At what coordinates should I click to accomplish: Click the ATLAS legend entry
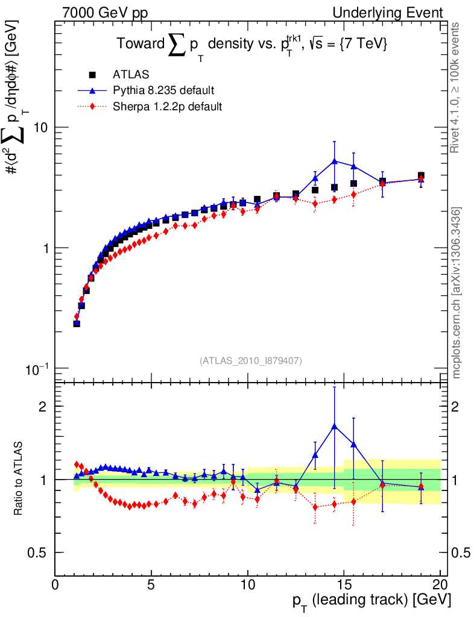point(131,75)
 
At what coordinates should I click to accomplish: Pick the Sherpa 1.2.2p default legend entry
point(168,107)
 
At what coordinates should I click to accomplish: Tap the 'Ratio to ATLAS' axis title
point(19,479)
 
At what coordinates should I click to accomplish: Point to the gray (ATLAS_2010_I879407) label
point(250,360)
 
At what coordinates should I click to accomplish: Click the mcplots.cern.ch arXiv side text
point(457,293)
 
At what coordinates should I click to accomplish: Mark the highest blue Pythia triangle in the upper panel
point(334,161)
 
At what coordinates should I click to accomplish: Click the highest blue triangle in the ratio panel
point(334,426)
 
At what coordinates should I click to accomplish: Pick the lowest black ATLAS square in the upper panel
point(77,324)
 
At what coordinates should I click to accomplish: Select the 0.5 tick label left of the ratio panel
point(40,553)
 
